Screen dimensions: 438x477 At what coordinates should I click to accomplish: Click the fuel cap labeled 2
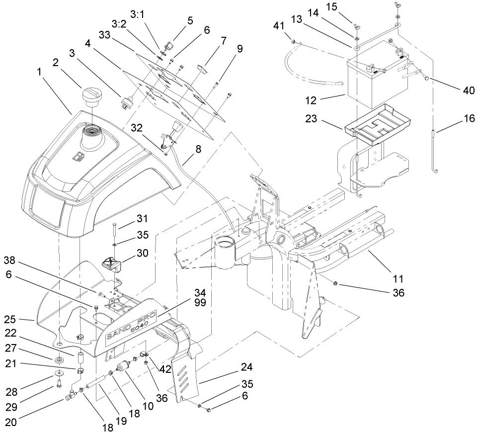pos(92,96)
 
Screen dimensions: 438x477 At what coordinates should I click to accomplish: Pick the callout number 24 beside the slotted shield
pos(247,367)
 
